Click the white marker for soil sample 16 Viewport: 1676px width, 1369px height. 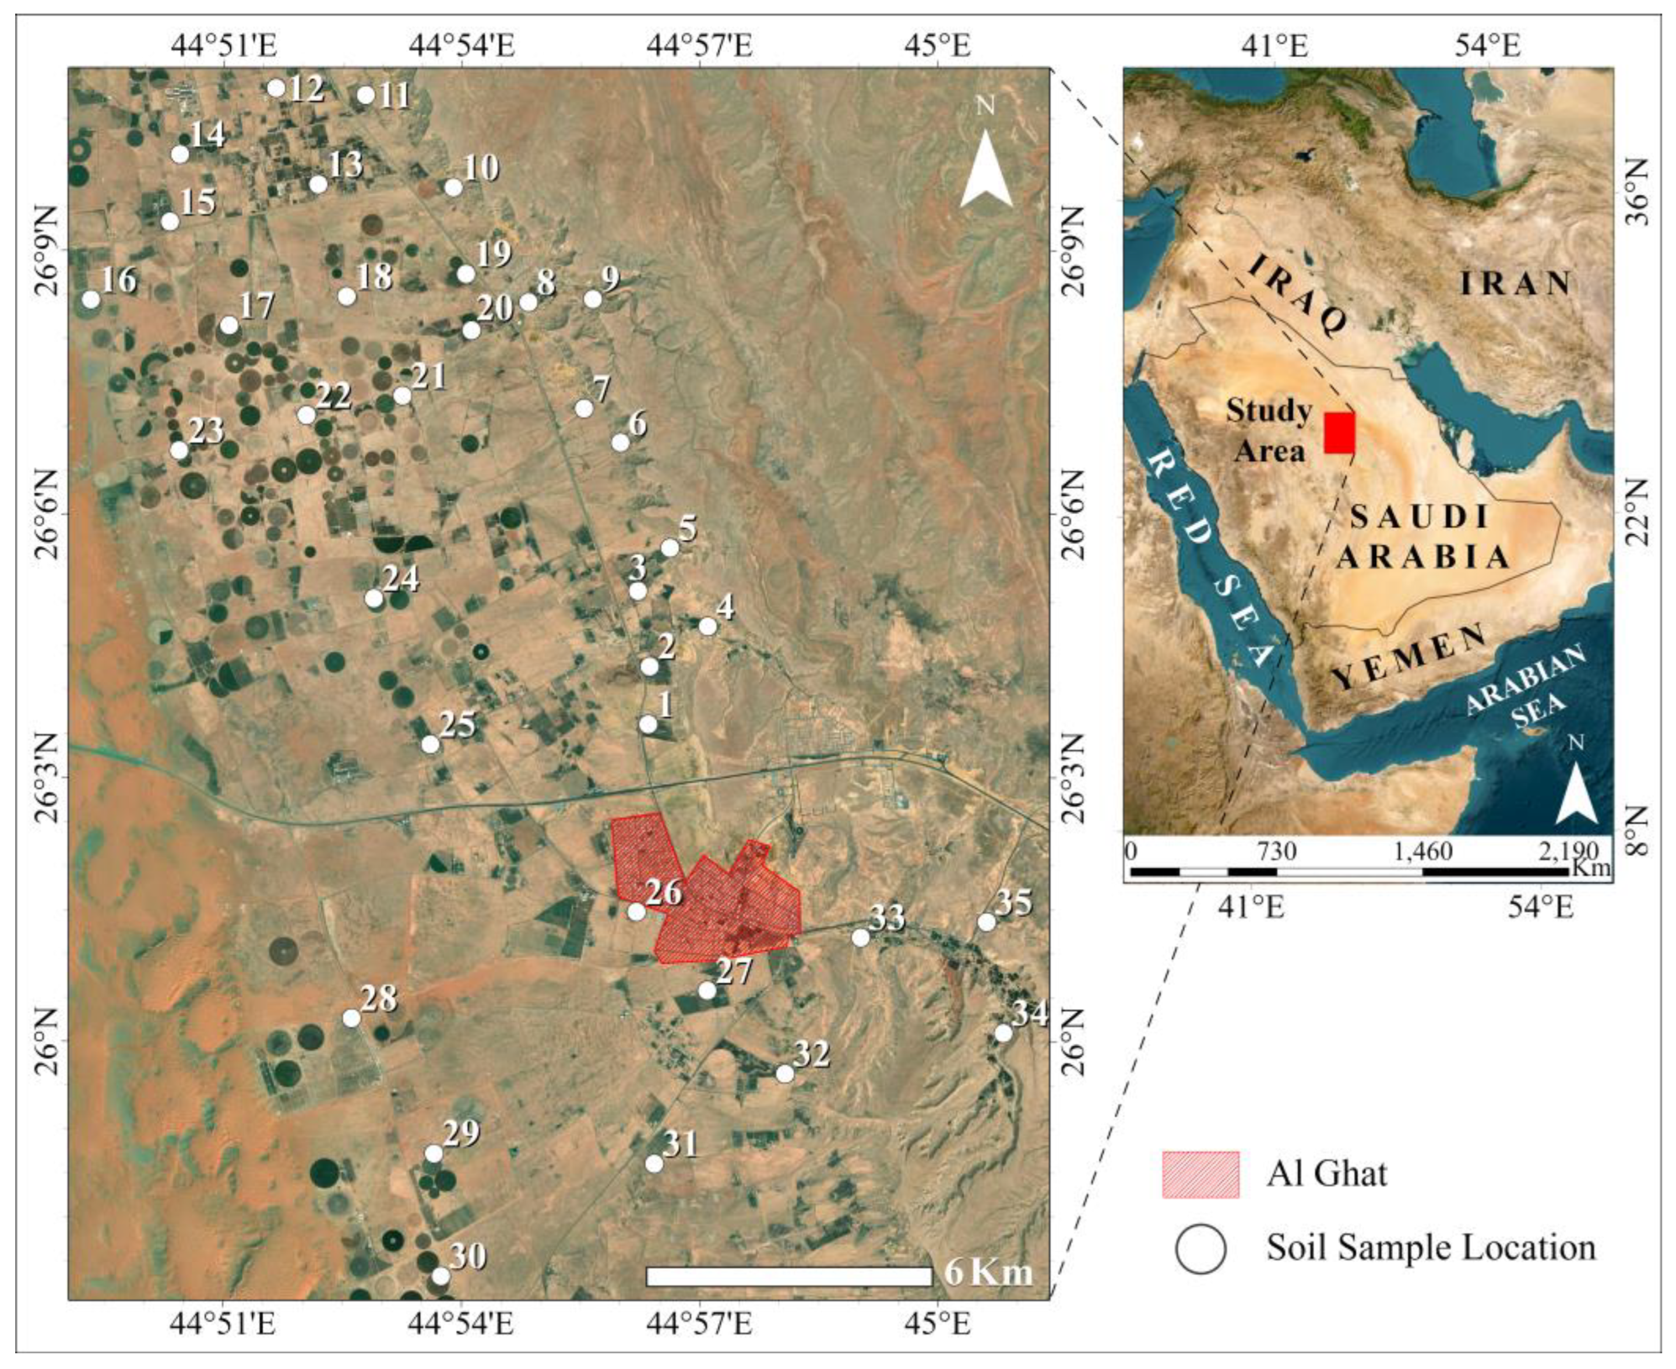(x=91, y=300)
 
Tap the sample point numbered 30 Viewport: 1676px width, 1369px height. (x=441, y=1276)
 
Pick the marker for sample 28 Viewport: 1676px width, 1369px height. (x=351, y=1018)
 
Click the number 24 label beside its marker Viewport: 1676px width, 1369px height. (x=400, y=579)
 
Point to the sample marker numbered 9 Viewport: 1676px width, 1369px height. (x=593, y=300)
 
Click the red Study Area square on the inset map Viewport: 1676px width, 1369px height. (x=1339, y=433)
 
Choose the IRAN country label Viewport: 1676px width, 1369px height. (x=1515, y=283)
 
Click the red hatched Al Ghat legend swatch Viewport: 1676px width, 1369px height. (x=1200, y=1174)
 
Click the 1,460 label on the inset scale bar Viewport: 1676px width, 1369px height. (x=1423, y=851)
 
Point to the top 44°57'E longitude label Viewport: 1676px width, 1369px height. (x=699, y=45)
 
